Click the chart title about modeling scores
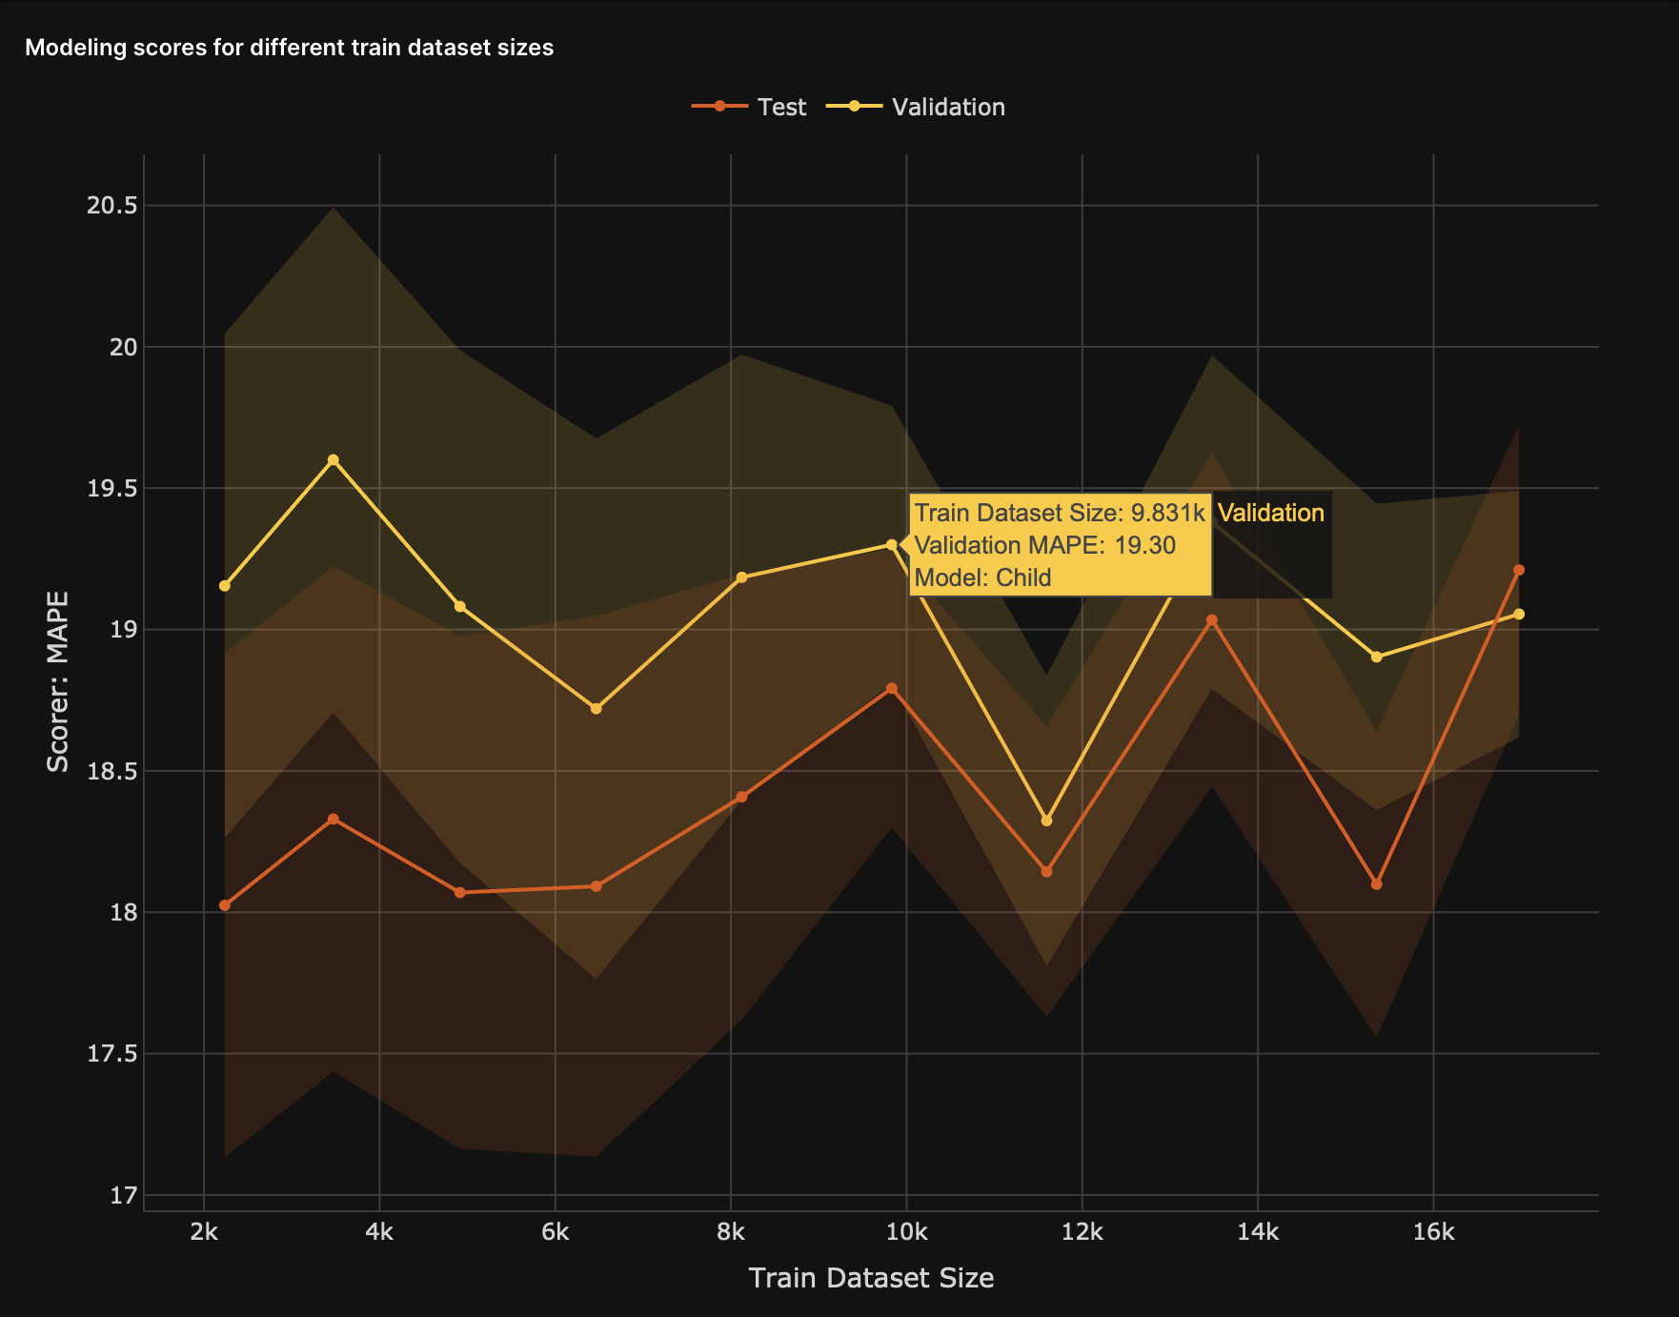point(289,48)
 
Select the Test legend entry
point(750,107)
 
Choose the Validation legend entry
point(916,107)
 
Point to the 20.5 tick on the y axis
point(111,206)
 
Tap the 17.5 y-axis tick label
point(111,1054)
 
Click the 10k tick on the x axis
point(906,1232)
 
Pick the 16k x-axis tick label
point(1433,1232)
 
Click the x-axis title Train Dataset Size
point(871,1278)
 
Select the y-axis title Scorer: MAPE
point(58,681)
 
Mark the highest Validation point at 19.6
point(334,460)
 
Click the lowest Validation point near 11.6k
point(1047,821)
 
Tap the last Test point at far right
point(1519,570)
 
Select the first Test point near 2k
point(225,905)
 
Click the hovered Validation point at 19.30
point(892,545)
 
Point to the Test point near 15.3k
point(1376,884)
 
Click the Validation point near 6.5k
point(597,709)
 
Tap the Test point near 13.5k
point(1212,620)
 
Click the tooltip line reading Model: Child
point(982,577)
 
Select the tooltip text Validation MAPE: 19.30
point(1044,545)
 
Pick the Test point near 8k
point(742,797)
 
